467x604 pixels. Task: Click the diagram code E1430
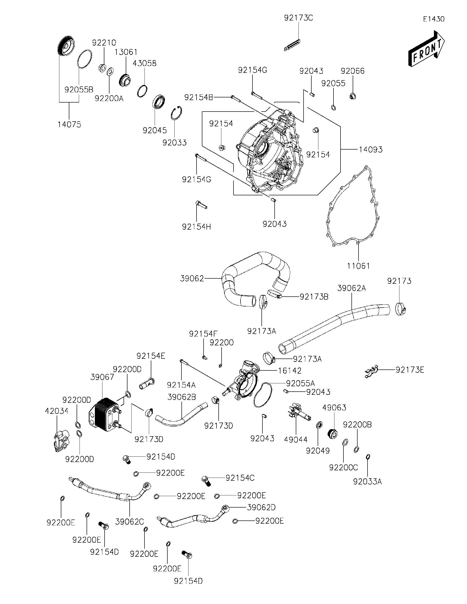(434, 19)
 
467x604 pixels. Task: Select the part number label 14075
(69, 124)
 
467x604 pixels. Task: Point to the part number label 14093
(370, 150)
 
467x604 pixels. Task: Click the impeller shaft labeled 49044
(300, 412)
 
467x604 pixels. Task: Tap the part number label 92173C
(298, 18)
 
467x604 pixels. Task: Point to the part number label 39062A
(351, 288)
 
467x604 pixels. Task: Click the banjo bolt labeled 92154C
(207, 481)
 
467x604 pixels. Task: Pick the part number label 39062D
(261, 508)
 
